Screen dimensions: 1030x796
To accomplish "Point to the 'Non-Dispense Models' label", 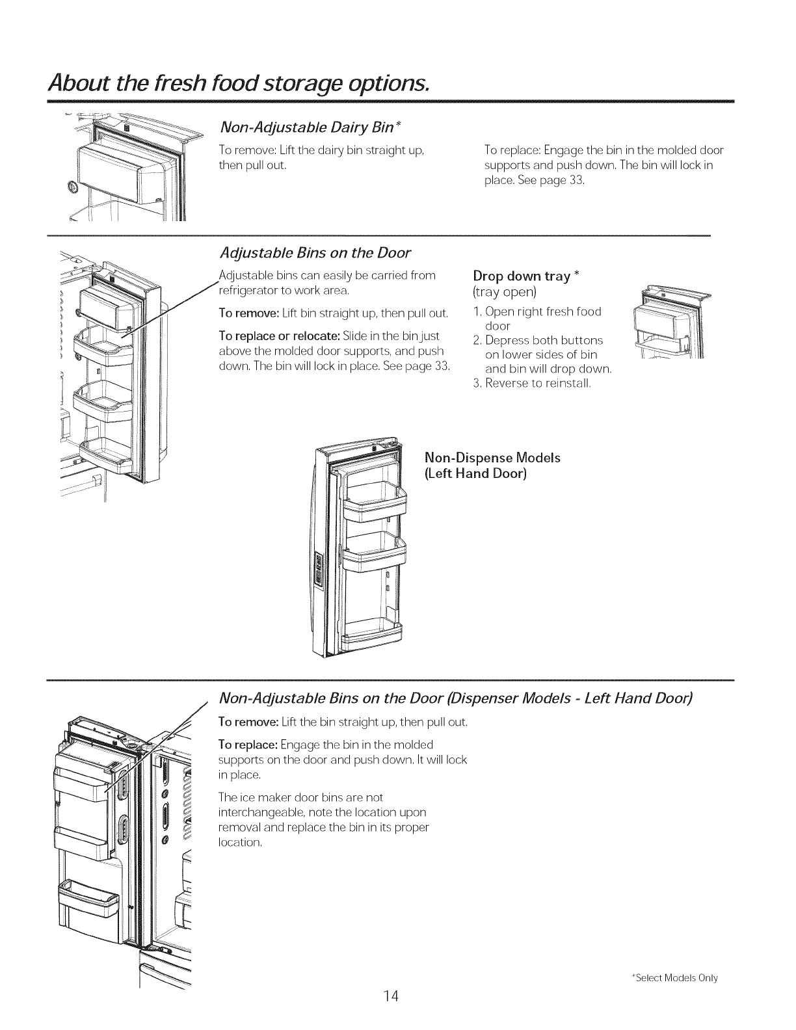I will point(492,458).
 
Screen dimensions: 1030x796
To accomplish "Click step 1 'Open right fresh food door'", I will point(537,318).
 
